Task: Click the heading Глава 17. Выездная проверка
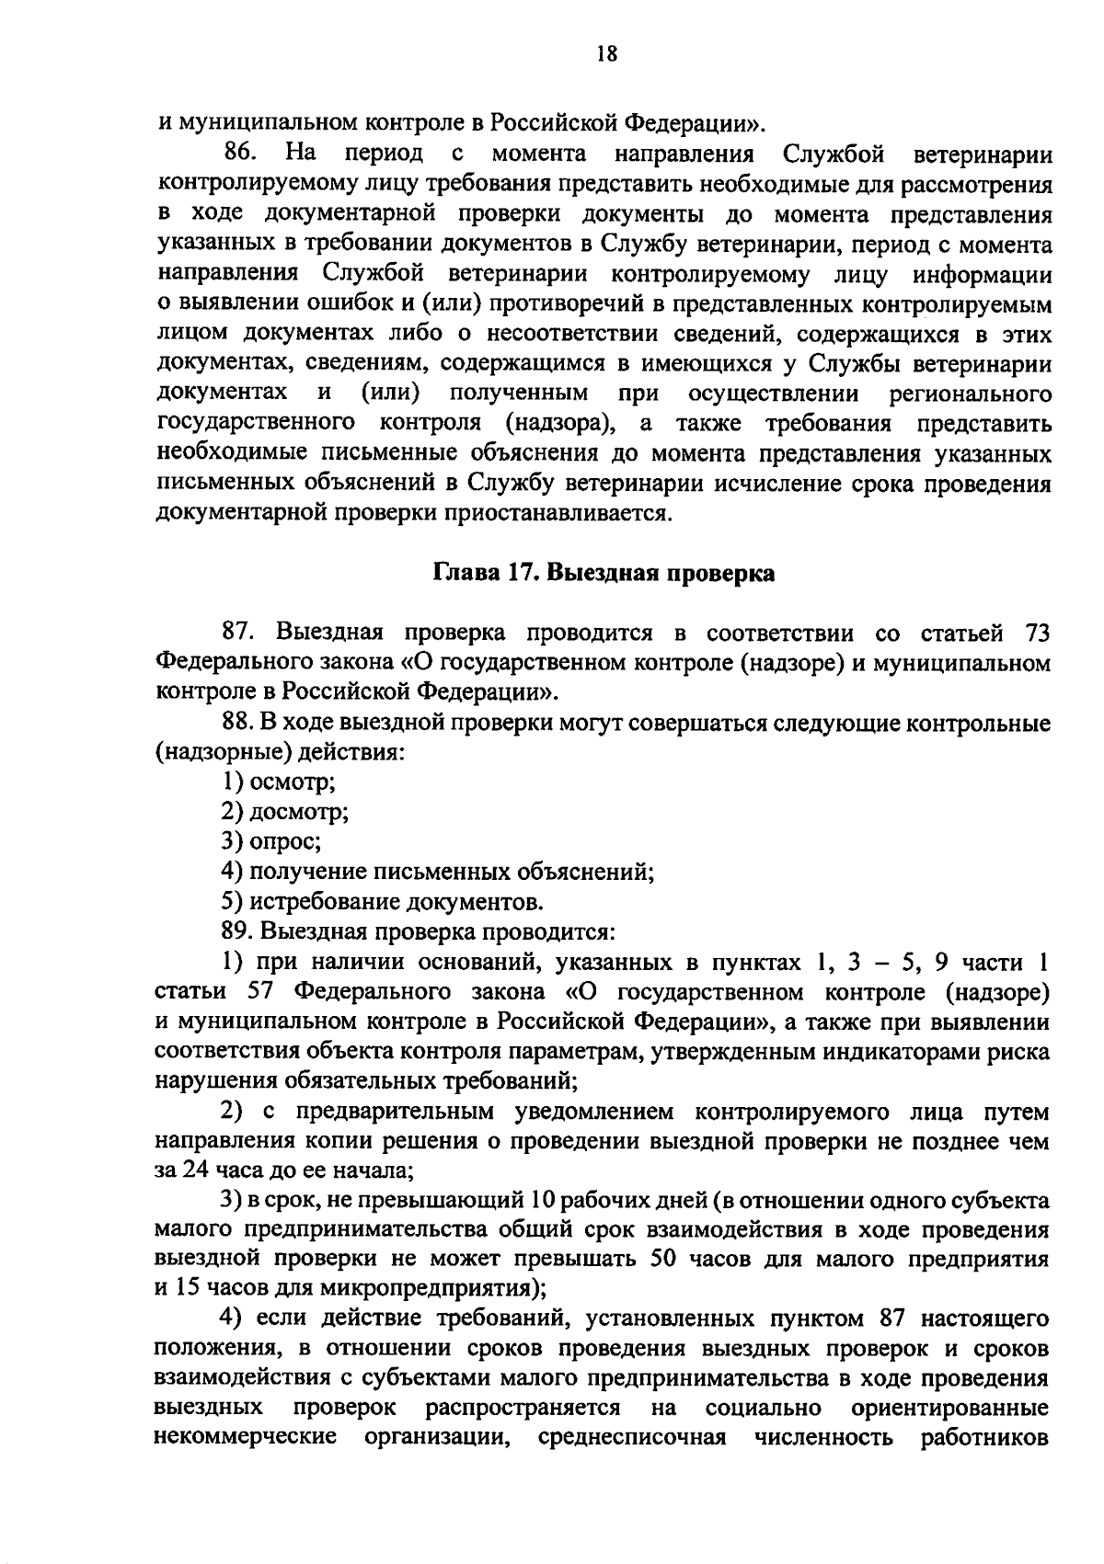604,573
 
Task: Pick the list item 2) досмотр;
284,812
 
